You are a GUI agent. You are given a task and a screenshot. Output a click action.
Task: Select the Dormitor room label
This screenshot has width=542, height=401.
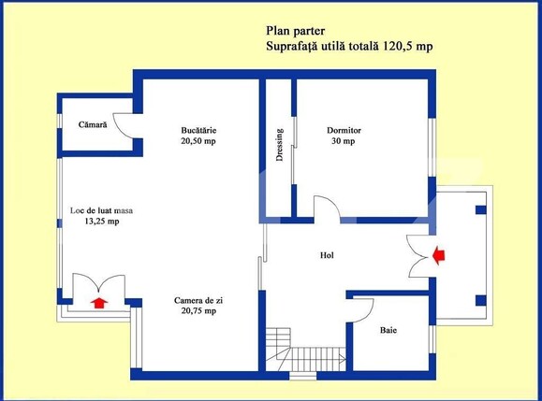tap(344, 130)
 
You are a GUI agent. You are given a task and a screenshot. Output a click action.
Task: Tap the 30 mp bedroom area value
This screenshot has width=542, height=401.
tap(343, 142)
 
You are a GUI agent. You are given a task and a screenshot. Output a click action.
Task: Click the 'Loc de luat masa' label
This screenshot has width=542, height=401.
tap(102, 210)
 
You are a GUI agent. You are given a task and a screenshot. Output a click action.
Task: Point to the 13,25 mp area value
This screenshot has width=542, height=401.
tap(102, 222)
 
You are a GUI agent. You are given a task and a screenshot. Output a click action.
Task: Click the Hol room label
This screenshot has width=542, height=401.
tap(327, 254)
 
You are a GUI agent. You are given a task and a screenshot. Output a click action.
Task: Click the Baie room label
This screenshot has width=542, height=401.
tap(388, 330)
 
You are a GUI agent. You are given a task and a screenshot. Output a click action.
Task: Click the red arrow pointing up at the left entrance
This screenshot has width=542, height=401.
tap(99, 301)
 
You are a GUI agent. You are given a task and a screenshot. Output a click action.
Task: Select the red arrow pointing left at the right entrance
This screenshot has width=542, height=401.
tap(439, 253)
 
